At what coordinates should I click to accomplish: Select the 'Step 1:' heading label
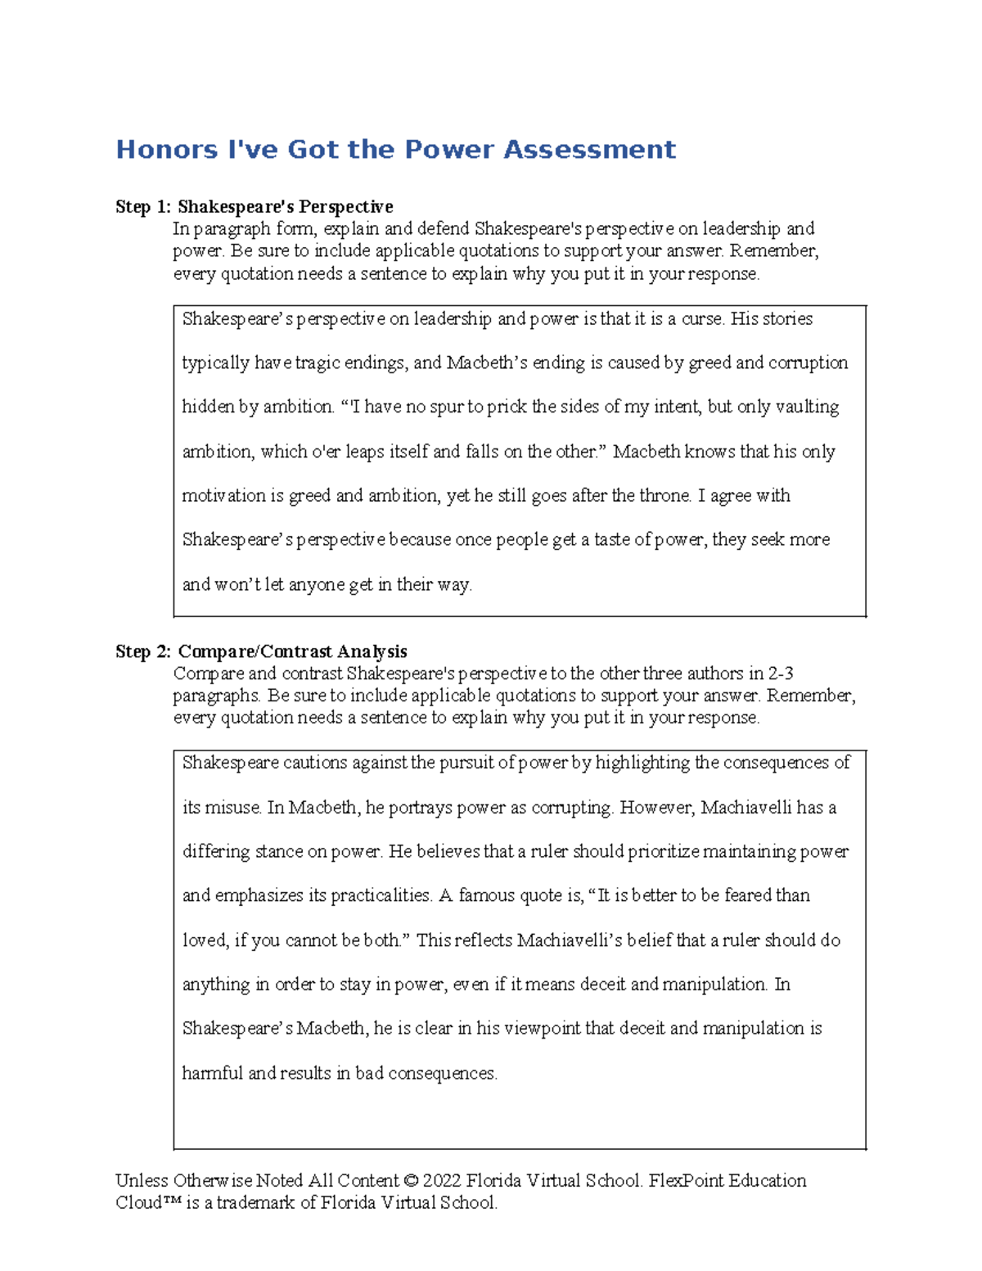(x=143, y=207)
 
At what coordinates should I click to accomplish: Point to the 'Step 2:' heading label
(x=143, y=652)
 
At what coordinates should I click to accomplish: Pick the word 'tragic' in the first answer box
(x=318, y=363)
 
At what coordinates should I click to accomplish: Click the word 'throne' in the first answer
(x=664, y=496)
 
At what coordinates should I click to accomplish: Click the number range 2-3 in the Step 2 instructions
(x=781, y=674)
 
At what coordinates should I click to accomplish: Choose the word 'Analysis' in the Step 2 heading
(x=372, y=652)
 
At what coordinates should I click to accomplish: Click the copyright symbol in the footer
(x=411, y=1181)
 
